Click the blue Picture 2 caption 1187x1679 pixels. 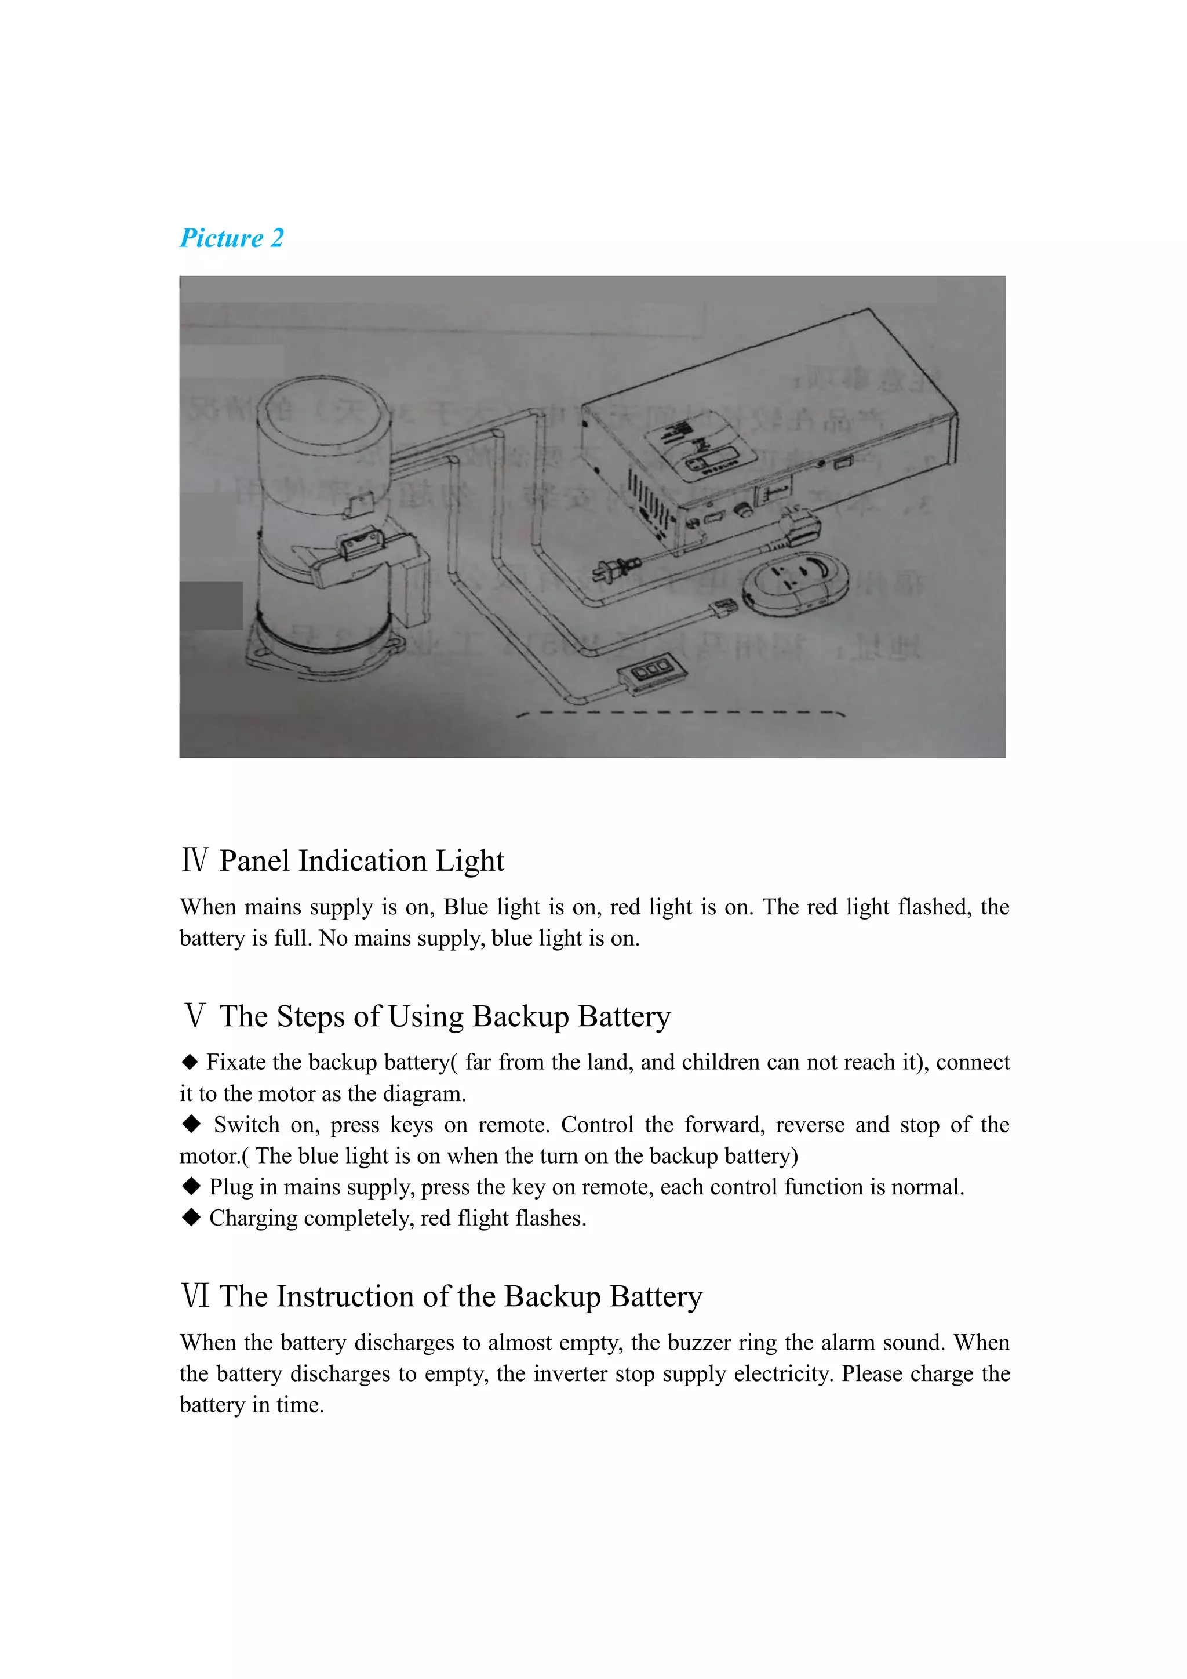(x=232, y=238)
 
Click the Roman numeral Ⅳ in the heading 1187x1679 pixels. (x=194, y=861)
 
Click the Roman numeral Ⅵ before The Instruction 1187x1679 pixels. (x=195, y=1296)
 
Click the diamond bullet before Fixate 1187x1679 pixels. (x=190, y=1061)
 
